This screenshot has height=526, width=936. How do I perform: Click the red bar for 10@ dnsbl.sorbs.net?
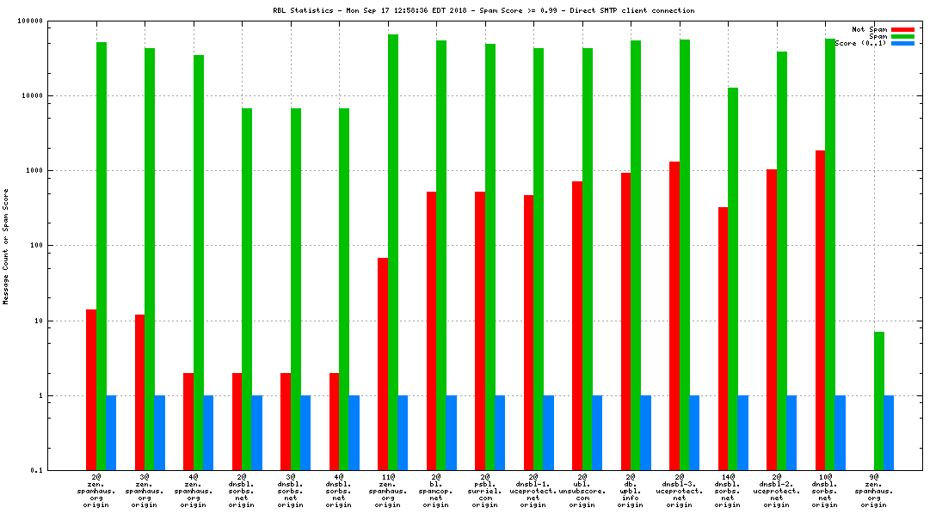820,310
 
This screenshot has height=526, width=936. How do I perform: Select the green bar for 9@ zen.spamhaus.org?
878,401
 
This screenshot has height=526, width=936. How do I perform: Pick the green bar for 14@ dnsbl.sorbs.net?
733,278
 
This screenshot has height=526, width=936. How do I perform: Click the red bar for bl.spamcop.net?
431,331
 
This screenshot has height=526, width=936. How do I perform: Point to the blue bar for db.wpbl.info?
645,432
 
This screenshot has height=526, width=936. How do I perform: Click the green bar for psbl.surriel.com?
490,257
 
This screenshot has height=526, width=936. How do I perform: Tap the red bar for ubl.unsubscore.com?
577,326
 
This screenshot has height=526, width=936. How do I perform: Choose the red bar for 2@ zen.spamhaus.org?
91,389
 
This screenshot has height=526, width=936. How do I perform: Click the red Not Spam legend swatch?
902,29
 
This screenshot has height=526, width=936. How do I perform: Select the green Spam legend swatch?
902,36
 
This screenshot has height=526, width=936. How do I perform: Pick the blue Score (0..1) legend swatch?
902,43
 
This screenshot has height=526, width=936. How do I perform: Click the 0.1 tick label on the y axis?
36,470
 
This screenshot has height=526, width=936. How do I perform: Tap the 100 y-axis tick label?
34,246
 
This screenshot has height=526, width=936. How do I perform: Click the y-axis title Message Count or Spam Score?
7,247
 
